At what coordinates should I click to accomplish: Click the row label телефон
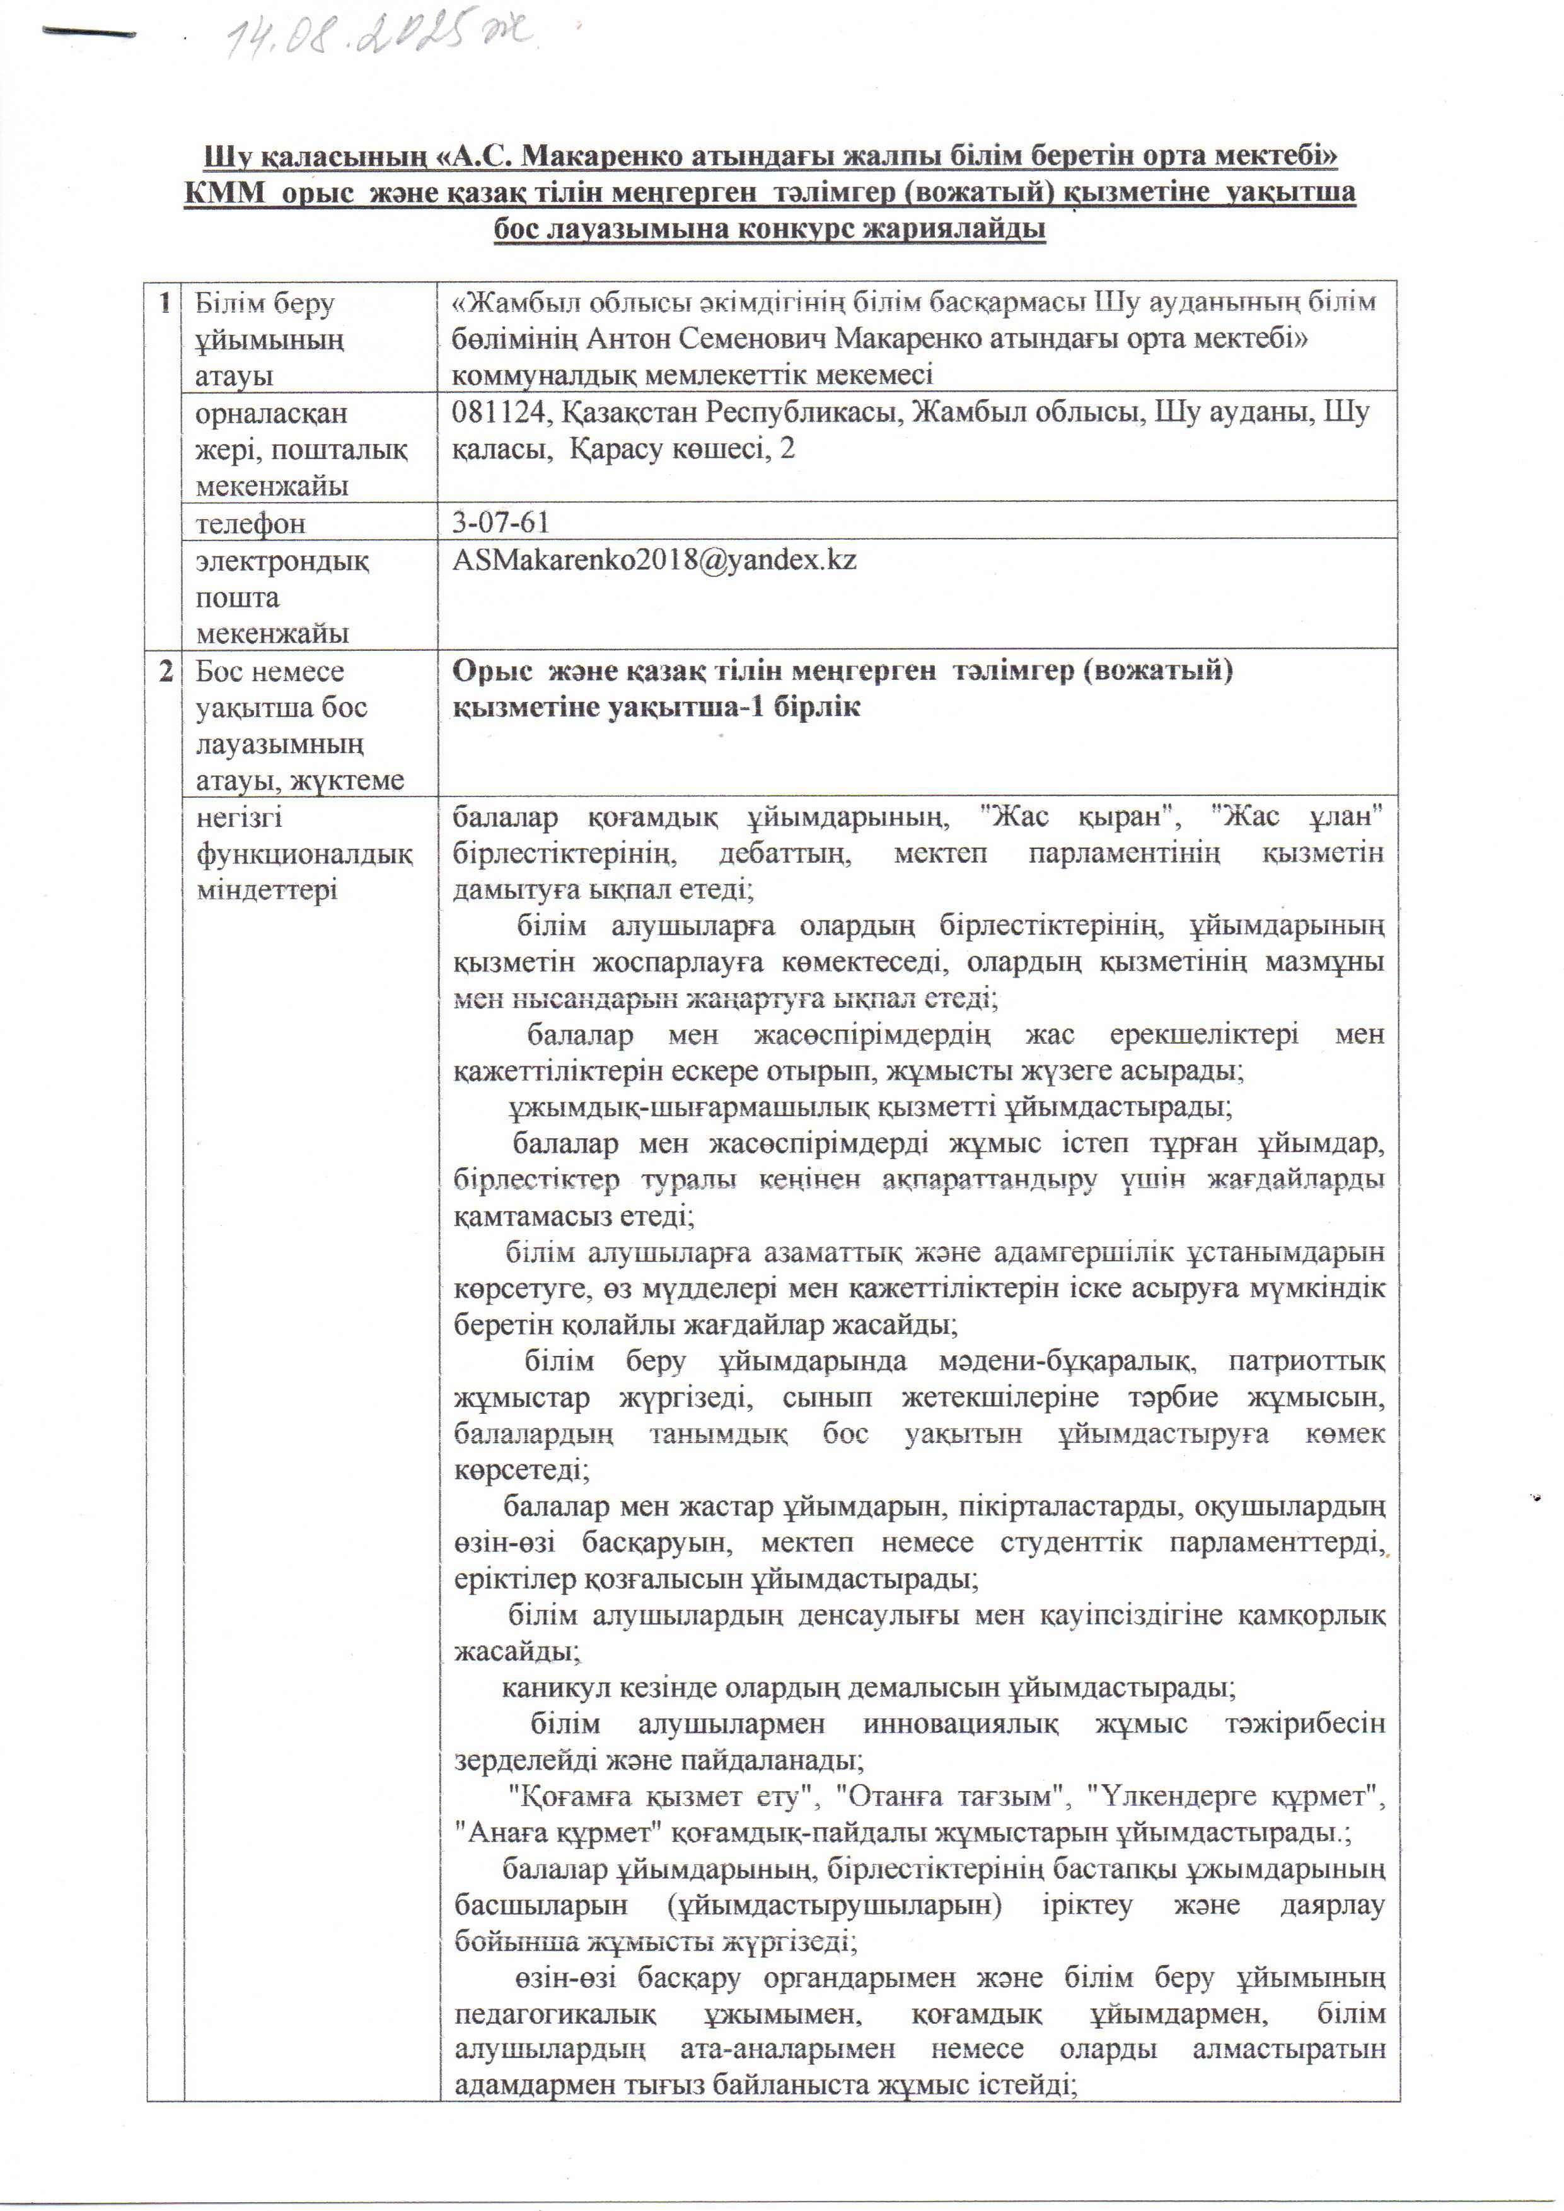[250, 523]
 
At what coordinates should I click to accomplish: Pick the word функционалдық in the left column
[304, 854]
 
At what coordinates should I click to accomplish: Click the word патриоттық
[1306, 1362]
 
